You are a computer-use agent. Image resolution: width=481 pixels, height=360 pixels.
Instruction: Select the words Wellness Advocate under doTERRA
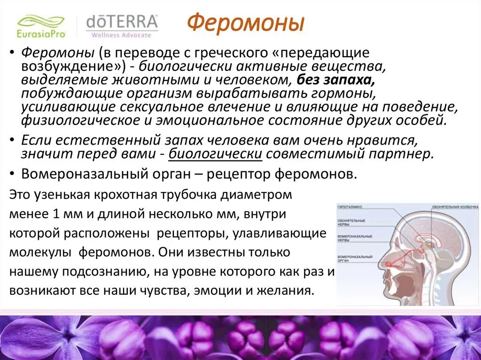point(122,35)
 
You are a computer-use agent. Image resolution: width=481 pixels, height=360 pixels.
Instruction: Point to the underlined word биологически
point(215,153)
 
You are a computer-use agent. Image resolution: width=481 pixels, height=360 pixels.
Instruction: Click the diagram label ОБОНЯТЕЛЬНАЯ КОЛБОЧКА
point(455,207)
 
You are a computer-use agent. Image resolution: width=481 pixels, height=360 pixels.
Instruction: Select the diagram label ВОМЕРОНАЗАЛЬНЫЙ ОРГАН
point(353,260)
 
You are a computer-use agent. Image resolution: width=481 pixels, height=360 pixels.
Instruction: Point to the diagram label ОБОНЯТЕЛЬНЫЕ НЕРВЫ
point(350,222)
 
